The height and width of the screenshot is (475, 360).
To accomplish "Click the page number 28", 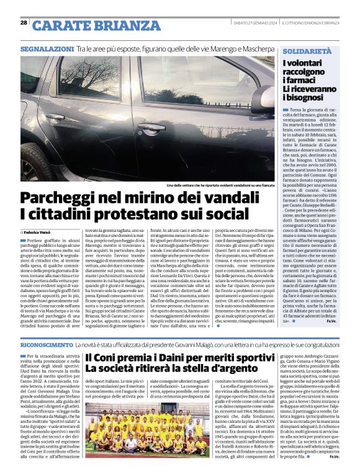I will coord(24,23).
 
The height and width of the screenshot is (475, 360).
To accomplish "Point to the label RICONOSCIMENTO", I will coord(46,344).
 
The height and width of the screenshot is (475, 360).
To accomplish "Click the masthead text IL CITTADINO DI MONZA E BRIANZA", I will coord(310,23).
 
